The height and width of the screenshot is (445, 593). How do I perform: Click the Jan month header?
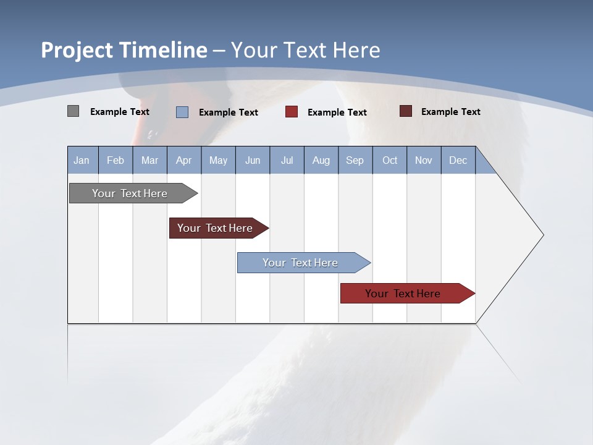click(82, 160)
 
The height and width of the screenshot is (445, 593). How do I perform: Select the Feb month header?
click(116, 160)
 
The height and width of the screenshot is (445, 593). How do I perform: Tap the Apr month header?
click(184, 160)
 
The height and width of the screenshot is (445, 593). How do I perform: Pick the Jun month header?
click(253, 160)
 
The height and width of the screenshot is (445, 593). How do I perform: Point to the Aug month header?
click(321, 160)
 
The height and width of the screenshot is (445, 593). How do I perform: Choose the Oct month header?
click(390, 160)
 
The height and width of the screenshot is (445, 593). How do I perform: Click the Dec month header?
click(458, 160)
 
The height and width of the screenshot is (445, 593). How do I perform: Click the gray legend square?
click(73, 111)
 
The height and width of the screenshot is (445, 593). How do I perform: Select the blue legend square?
click(182, 112)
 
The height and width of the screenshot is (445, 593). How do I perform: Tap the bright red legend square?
click(292, 112)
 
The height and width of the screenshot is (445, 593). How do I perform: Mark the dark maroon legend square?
click(406, 111)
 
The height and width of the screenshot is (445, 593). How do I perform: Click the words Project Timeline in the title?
click(124, 50)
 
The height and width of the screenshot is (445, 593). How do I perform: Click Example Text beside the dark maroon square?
click(450, 112)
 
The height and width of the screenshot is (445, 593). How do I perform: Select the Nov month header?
click(424, 160)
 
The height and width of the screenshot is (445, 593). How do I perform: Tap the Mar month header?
click(149, 160)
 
